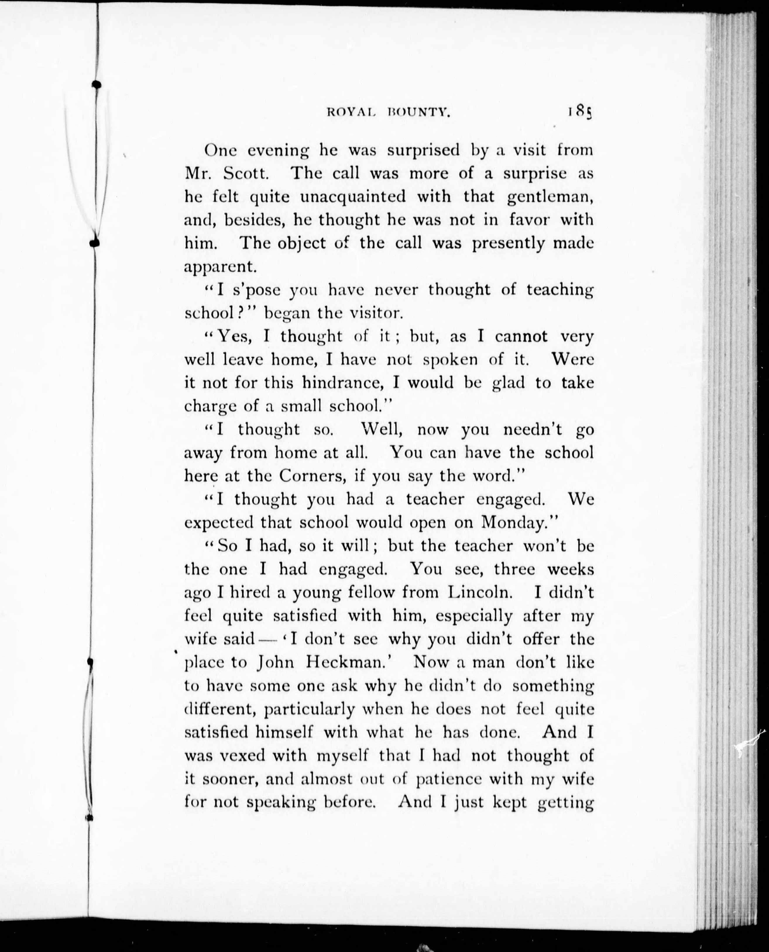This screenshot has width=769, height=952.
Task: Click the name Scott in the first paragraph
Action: pos(246,173)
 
